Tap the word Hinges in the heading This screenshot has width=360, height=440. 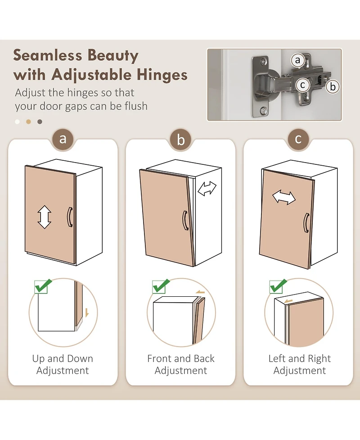tap(162, 75)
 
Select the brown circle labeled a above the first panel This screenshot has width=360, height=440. tap(63, 139)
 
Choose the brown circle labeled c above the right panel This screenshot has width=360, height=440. tap(298, 139)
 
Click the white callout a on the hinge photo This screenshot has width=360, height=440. tap(297, 60)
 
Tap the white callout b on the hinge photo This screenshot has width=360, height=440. tap(333, 86)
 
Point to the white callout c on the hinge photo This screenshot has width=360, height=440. tap(302, 85)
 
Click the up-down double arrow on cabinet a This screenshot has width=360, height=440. tap(44, 217)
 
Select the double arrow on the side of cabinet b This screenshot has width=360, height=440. tap(207, 188)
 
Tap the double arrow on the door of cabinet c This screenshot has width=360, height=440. tap(284, 197)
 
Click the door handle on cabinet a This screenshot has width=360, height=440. tap(70, 217)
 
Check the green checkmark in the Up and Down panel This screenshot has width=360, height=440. tap(43, 286)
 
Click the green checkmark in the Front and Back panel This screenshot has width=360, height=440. tap(161, 286)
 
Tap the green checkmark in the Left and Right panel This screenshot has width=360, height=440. tap(278, 286)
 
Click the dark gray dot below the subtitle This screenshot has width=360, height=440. tap(40, 122)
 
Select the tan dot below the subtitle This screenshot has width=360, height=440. tap(28, 122)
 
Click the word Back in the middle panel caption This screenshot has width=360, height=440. tap(204, 358)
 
